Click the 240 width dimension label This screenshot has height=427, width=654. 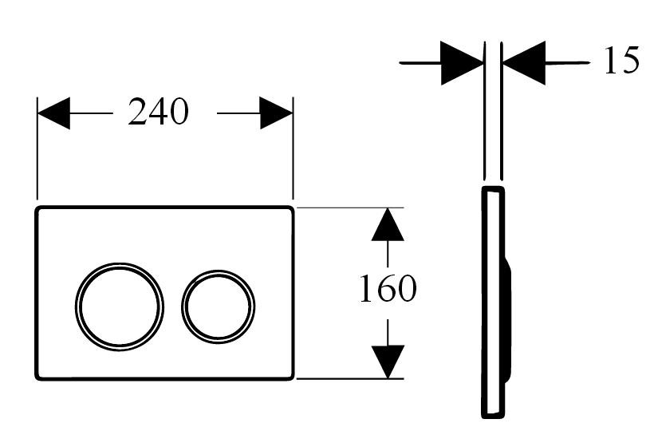point(158,112)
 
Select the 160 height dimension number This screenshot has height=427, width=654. point(388,288)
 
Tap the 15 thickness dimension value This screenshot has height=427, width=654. point(621,60)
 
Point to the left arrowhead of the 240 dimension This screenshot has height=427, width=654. point(53,113)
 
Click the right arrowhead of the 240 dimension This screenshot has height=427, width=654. point(276,113)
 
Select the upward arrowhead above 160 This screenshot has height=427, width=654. point(388,224)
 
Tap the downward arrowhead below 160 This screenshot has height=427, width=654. point(388,362)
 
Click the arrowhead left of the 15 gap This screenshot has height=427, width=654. point(462,63)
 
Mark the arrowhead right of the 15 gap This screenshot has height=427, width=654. point(524,63)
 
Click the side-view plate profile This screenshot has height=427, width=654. point(484,302)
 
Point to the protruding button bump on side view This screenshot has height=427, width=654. point(508,319)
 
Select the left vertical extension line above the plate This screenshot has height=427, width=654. point(37,148)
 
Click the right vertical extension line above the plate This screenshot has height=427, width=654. point(294,148)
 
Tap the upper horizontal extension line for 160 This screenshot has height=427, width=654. point(349,208)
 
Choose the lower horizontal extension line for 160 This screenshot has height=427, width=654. point(349,378)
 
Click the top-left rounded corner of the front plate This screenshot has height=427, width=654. point(38,208)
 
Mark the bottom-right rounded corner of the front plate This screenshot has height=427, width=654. point(292,378)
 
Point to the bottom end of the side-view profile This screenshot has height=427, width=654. point(493,417)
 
